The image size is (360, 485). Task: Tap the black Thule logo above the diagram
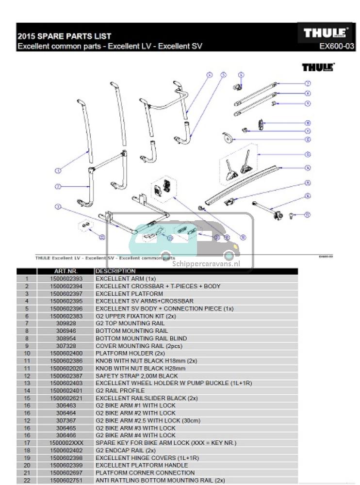318,67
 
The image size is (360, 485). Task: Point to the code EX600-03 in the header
337,47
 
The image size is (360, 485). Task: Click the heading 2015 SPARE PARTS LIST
65,36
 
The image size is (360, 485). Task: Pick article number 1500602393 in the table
66,279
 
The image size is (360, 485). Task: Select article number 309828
66,323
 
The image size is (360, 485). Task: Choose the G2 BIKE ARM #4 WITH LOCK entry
135,436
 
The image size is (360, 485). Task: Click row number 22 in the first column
27,480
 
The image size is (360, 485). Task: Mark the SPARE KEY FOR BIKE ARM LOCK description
164,443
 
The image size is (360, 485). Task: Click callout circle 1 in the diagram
58,170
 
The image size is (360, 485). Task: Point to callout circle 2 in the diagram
58,186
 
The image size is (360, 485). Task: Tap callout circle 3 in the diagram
58,207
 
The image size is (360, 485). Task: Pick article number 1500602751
66,480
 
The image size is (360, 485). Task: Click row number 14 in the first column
27,391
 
